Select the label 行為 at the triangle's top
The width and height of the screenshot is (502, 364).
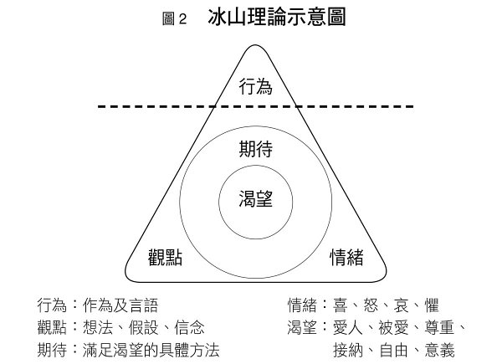[x=255, y=86]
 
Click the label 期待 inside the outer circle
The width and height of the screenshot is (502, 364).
[x=255, y=150]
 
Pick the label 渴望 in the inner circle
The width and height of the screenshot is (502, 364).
[x=255, y=199]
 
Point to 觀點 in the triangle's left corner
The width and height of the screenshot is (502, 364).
[x=165, y=257]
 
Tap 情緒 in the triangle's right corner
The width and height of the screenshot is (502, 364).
[x=346, y=257]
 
